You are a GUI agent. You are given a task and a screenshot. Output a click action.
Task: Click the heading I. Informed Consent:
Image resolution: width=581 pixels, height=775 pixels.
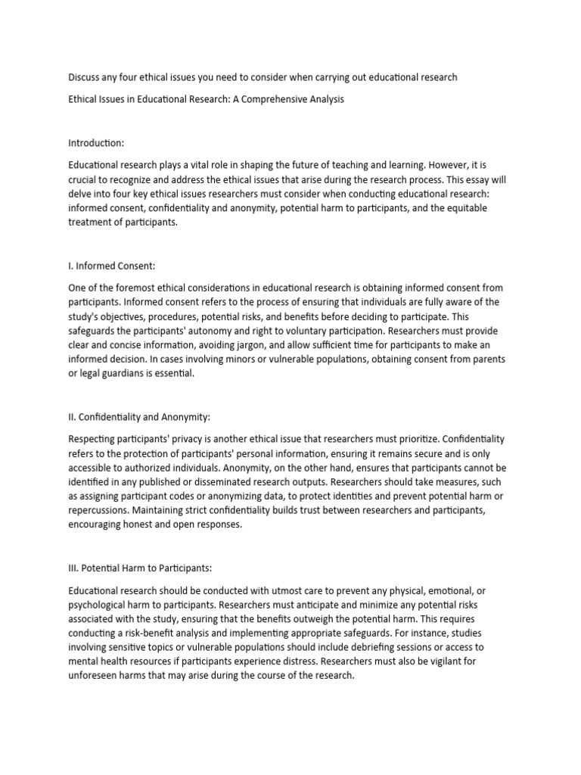pos(111,266)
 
